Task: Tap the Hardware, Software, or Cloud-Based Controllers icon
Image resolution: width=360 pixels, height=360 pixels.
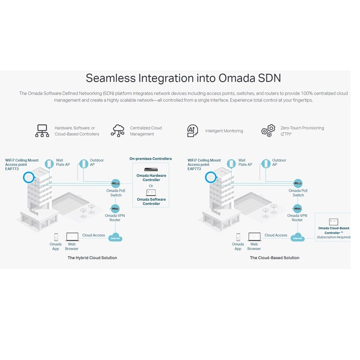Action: (x=42, y=130)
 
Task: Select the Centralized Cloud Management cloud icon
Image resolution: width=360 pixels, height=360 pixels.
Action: (x=118, y=130)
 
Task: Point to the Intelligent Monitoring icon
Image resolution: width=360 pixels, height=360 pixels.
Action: (x=193, y=130)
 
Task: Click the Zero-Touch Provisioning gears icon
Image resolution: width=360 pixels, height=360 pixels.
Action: (x=268, y=130)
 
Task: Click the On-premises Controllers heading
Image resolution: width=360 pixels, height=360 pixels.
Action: (x=150, y=158)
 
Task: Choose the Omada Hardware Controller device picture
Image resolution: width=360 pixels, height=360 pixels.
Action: (x=151, y=169)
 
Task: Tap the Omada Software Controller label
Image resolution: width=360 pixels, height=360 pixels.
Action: (x=151, y=202)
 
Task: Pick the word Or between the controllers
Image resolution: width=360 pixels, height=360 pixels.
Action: (x=151, y=186)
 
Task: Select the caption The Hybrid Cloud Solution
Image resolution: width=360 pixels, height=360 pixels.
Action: (x=92, y=258)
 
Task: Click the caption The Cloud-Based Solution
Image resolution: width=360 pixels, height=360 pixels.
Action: (x=274, y=258)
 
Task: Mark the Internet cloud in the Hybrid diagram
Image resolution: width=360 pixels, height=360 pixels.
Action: (x=116, y=238)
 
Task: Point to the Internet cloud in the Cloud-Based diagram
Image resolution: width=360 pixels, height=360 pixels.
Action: (x=297, y=238)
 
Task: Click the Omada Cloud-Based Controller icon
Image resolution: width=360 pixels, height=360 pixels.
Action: (x=333, y=221)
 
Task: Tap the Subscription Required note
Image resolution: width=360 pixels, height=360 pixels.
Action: (x=333, y=237)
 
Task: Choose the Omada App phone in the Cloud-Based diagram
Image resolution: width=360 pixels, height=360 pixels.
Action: (x=238, y=237)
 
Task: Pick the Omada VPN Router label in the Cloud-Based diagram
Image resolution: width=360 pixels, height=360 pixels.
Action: (x=297, y=218)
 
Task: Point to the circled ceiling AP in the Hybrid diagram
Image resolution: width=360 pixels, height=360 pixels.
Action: (x=29, y=177)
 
